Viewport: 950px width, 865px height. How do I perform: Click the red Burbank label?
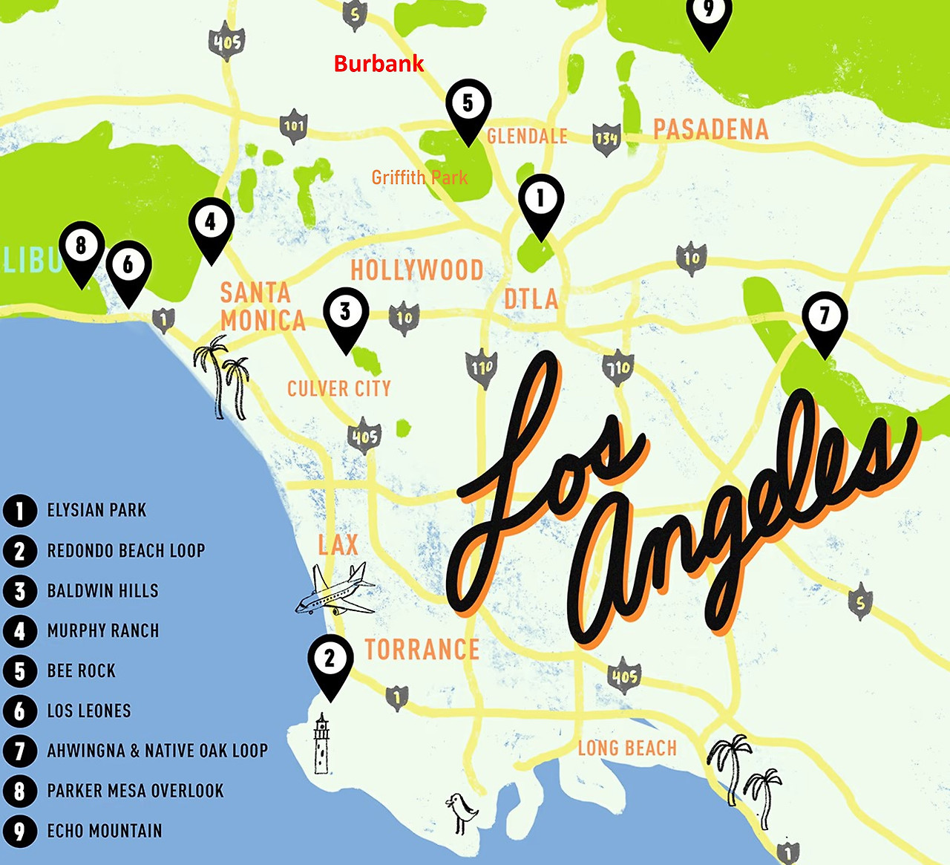click(379, 64)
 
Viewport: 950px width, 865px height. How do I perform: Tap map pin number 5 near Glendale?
click(468, 105)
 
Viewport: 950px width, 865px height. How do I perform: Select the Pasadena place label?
click(710, 129)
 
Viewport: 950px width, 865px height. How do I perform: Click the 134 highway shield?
click(606, 139)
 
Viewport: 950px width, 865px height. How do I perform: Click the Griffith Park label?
click(419, 177)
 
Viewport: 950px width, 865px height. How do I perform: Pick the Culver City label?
click(339, 388)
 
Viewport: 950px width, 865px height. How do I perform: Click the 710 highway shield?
click(617, 368)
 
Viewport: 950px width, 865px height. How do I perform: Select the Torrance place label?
click(422, 650)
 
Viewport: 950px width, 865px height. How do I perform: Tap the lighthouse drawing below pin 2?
click(321, 743)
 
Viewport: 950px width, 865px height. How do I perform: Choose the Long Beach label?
click(627, 748)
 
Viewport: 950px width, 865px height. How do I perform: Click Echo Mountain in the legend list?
click(104, 831)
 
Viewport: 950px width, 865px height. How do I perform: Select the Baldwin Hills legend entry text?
click(102, 591)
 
